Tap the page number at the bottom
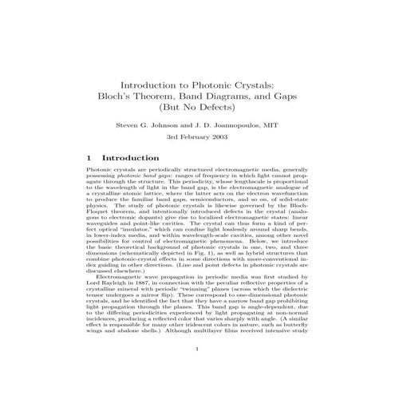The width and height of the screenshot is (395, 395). (x=197, y=370)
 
